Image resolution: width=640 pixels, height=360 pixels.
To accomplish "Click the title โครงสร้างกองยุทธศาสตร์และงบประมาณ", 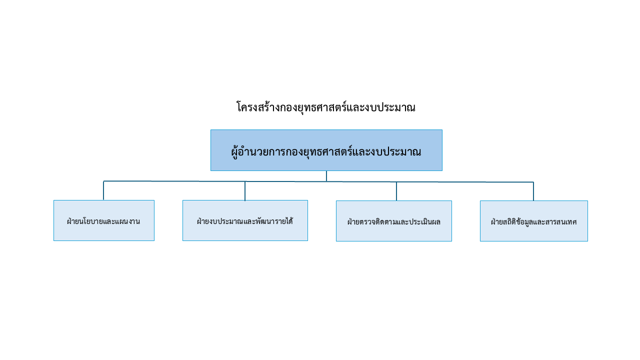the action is (x=326, y=107).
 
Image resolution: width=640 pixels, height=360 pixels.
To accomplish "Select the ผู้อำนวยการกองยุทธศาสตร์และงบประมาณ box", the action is (x=326, y=150).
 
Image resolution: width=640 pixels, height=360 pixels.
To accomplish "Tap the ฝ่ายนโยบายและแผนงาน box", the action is (x=104, y=220).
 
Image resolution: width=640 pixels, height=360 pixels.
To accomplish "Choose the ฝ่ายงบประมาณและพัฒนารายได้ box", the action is (x=245, y=220).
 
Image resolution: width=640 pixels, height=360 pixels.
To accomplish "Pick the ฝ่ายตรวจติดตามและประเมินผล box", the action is (x=393, y=221).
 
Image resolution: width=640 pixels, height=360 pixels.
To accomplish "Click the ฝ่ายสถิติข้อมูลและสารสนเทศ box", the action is (x=533, y=221).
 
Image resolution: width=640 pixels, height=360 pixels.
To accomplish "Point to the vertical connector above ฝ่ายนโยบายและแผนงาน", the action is (x=103, y=190).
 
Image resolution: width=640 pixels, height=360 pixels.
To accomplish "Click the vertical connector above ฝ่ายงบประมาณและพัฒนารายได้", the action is (x=245, y=191).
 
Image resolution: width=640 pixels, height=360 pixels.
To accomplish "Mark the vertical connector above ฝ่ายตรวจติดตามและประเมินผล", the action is (x=396, y=191).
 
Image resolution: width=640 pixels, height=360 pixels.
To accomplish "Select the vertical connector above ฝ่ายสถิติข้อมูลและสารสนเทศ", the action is (x=533, y=191).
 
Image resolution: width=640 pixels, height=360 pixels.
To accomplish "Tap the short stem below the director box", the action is (x=326, y=176).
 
